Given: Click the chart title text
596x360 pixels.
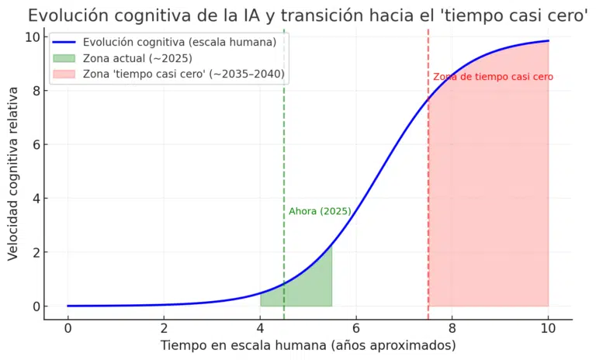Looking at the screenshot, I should click(x=307, y=16).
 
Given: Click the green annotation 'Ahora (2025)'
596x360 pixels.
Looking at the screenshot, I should click(x=320, y=211).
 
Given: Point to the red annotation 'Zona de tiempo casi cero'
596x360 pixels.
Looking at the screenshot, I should click(x=493, y=77).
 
